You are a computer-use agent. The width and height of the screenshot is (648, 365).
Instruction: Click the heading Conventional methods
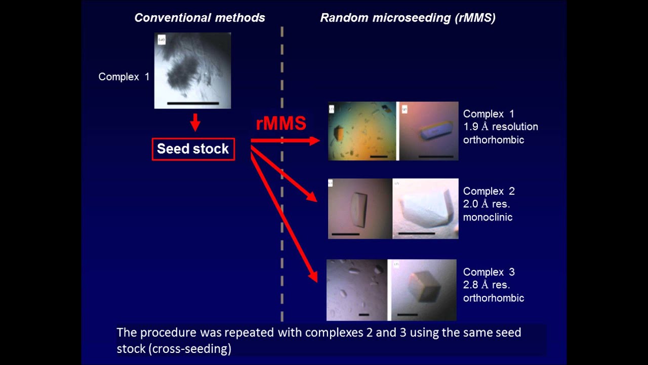click(199, 18)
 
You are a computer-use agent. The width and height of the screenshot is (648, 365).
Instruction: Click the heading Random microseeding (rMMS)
click(408, 18)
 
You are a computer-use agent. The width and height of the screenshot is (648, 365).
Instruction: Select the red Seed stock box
click(193, 149)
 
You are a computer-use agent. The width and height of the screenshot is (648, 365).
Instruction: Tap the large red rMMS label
click(281, 124)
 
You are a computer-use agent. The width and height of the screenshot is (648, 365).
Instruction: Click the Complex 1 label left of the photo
click(124, 77)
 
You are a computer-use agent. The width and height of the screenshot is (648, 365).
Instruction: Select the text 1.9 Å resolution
click(501, 127)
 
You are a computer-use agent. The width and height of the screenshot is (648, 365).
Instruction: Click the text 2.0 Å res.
click(487, 204)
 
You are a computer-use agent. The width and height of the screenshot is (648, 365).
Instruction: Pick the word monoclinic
click(488, 217)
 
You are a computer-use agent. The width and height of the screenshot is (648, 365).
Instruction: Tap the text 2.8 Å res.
click(487, 285)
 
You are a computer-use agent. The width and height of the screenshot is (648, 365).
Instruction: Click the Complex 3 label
click(489, 272)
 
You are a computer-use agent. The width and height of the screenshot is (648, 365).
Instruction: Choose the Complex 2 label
click(489, 191)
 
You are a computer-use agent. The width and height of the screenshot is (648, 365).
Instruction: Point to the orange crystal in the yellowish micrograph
click(338, 133)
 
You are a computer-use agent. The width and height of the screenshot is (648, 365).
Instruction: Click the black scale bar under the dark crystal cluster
click(192, 103)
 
